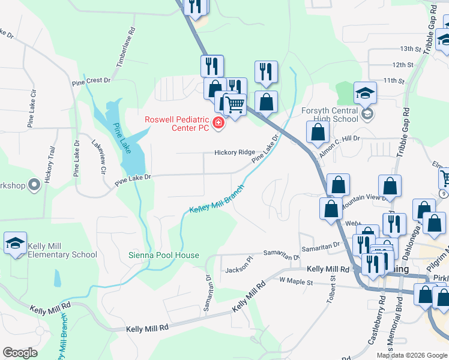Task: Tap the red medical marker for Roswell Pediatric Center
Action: [x=218, y=124]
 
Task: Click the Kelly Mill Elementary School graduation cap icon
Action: [x=15, y=243]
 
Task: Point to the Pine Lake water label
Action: [x=122, y=139]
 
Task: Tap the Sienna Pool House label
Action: [x=164, y=255]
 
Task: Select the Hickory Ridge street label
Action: [x=235, y=152]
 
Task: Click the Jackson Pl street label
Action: [x=240, y=269]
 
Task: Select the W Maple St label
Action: [x=297, y=281]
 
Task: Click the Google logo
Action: [x=20, y=353]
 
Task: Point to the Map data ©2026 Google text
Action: [x=412, y=355]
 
